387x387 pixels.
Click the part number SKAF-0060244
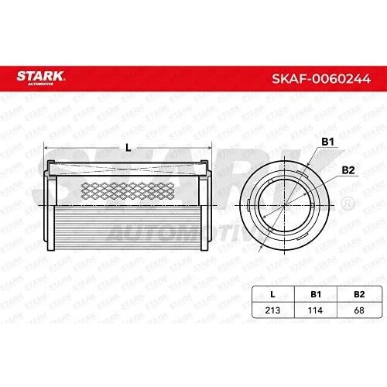pos(321,79)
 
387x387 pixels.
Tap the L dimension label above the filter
pos(128,148)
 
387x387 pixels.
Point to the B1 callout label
pos(327,142)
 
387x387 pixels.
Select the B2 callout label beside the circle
pos(348,170)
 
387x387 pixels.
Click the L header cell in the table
pos(272,294)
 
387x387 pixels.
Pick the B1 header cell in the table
pos(316,294)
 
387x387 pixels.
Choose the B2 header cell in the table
pos(359,294)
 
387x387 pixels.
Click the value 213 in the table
pos(272,310)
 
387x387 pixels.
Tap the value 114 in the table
pos(315,310)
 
